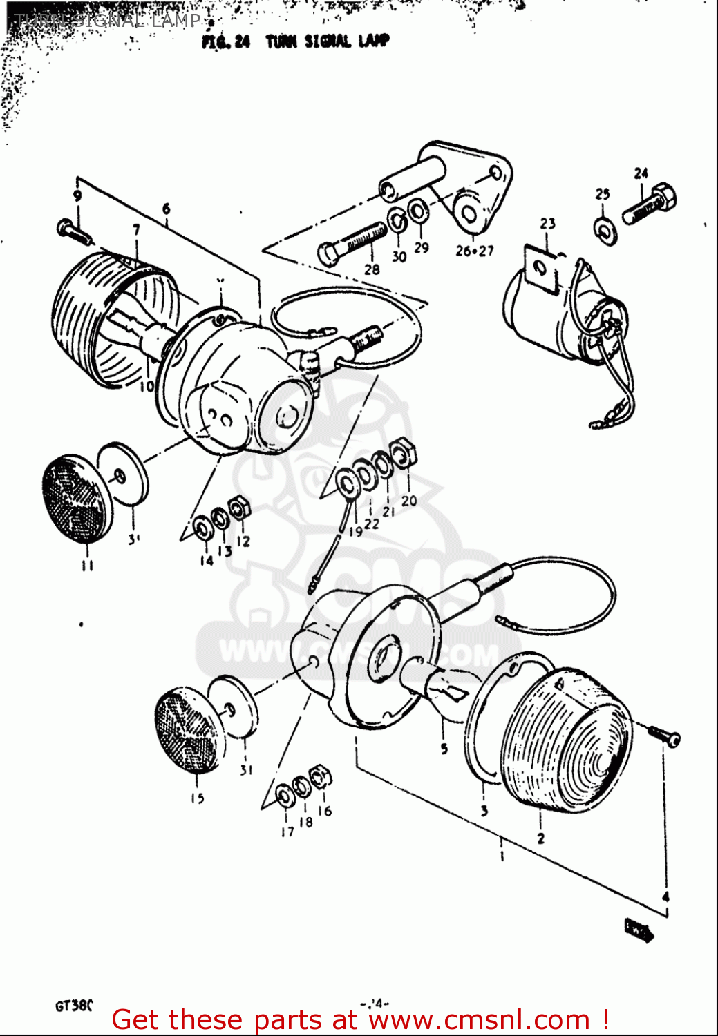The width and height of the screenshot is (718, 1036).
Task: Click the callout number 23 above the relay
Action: coord(547,224)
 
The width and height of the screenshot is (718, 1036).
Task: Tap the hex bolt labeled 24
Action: coord(650,204)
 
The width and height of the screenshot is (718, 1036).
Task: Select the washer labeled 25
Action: coord(605,228)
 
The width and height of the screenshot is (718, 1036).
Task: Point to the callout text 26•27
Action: coord(475,251)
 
